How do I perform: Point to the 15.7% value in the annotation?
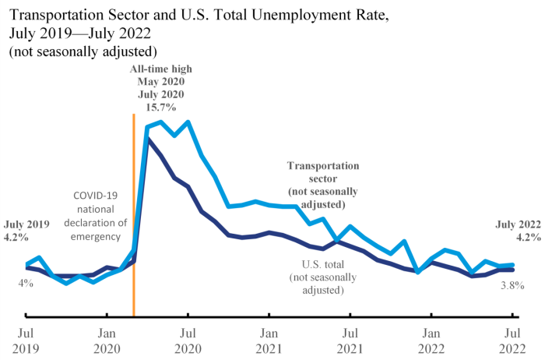(x=160, y=106)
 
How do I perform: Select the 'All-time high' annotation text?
(x=160, y=69)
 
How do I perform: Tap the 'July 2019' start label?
(x=27, y=224)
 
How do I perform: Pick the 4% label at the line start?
(x=26, y=283)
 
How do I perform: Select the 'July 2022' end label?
(x=518, y=224)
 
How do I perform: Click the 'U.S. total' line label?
(x=316, y=264)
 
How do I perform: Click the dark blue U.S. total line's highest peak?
(x=148, y=139)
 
